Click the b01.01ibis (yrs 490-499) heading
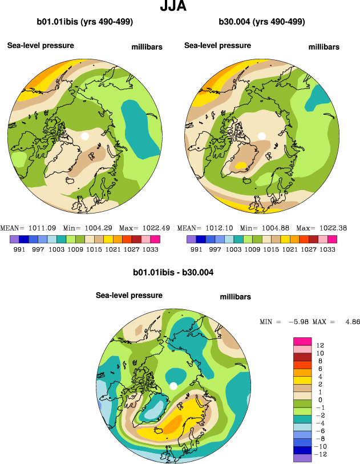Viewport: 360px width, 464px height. pos(85,22)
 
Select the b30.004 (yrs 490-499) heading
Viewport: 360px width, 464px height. pos(262,22)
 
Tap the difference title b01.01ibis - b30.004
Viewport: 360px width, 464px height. pos(173,273)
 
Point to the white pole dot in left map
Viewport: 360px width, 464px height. pos(85,136)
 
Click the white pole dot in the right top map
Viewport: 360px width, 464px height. pos(262,136)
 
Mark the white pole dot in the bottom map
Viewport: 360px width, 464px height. pos(173,386)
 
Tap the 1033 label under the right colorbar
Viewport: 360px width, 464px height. pos(327,249)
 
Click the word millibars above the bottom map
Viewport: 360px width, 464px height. pos(236,297)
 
